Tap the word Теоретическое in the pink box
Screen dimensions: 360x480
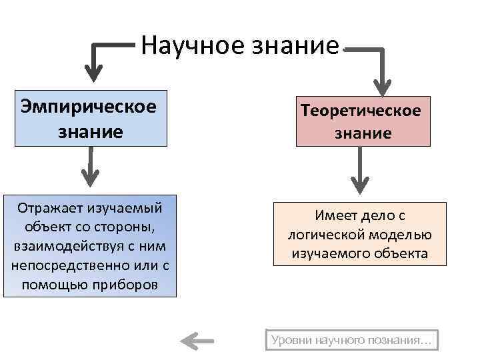(363, 110)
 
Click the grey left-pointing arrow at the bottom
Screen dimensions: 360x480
(197, 341)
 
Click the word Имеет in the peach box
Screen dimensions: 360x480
(338, 216)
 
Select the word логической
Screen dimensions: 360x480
(324, 235)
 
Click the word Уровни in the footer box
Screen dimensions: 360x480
(291, 341)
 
